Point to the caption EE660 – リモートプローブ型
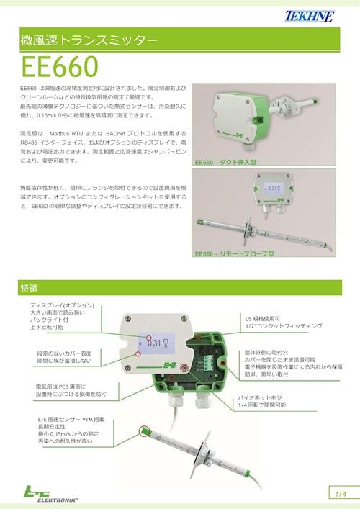(x=235, y=254)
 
